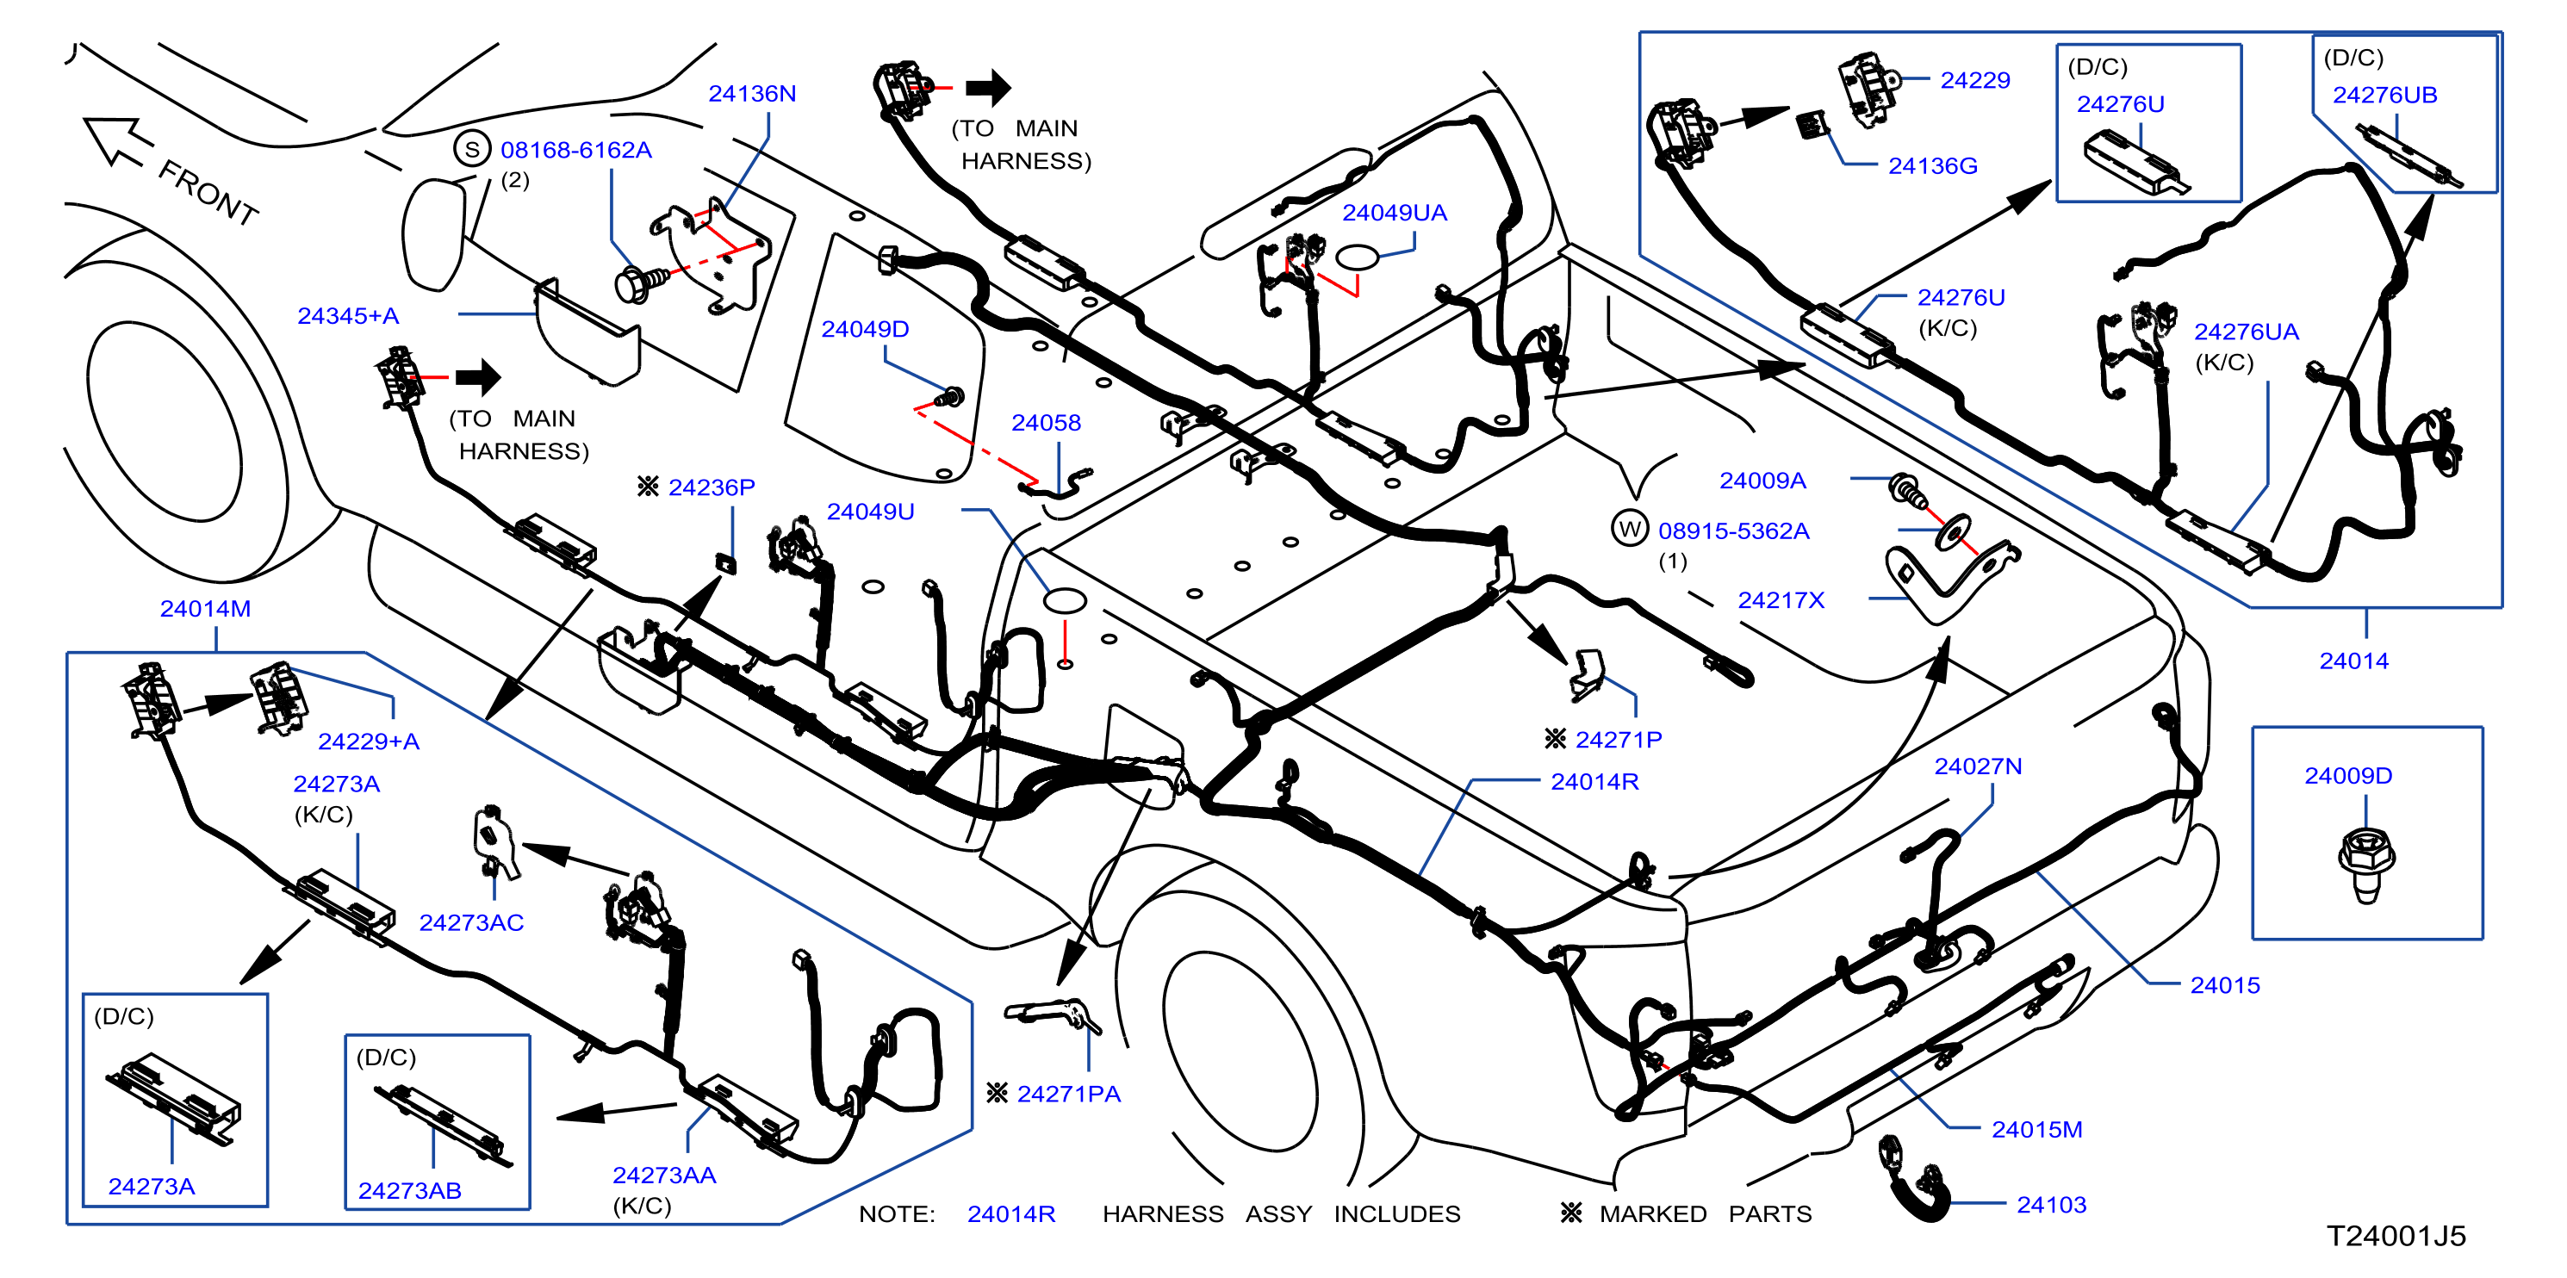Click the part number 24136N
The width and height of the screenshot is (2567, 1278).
click(x=751, y=94)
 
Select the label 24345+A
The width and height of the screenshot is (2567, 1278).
click(x=348, y=316)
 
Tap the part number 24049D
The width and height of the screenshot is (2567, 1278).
click(x=864, y=329)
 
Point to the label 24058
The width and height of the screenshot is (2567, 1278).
click(x=1046, y=422)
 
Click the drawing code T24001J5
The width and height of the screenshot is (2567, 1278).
click(x=2396, y=1236)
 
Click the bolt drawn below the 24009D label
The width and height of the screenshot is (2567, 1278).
click(x=2365, y=865)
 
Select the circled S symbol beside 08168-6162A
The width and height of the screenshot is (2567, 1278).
click(x=472, y=149)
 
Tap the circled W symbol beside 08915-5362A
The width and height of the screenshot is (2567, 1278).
click(x=1631, y=528)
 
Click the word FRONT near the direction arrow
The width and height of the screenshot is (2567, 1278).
click(x=208, y=192)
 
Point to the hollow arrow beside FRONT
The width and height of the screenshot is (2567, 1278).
click(x=118, y=140)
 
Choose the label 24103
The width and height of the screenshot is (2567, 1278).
click(x=2051, y=1204)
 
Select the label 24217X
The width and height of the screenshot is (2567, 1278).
click(x=1780, y=599)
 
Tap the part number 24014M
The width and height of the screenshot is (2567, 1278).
click(x=205, y=609)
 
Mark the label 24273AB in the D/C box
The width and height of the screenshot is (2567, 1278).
click(x=409, y=1190)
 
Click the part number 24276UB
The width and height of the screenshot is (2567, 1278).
click(x=2384, y=95)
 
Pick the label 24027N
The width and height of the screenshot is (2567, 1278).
click(x=1977, y=766)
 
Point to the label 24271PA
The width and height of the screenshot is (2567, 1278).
click(x=1068, y=1094)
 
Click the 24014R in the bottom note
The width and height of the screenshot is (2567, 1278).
click(x=1010, y=1214)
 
